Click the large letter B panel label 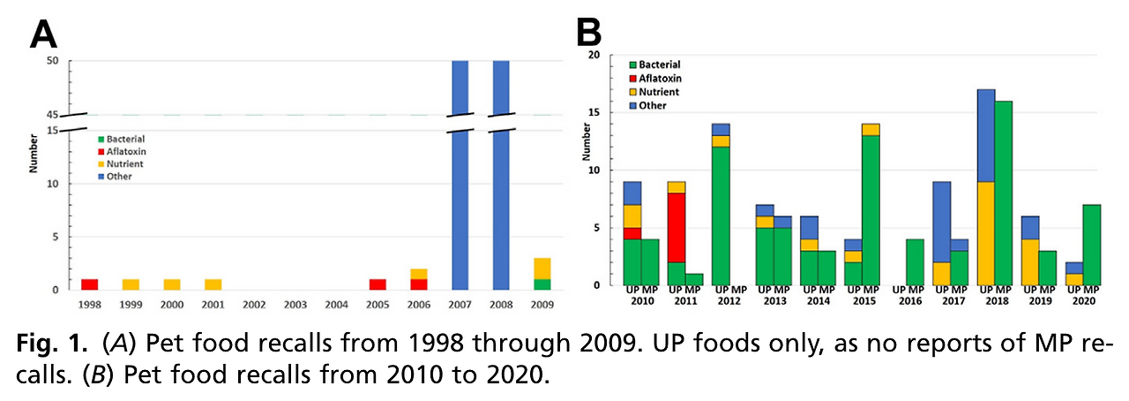[589, 34]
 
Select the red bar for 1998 [89, 284]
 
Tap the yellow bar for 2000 [171, 284]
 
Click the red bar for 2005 [378, 284]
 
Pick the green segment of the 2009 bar [542, 284]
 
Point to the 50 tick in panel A [52, 61]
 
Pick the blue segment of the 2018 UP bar [986, 135]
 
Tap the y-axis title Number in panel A [34, 153]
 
